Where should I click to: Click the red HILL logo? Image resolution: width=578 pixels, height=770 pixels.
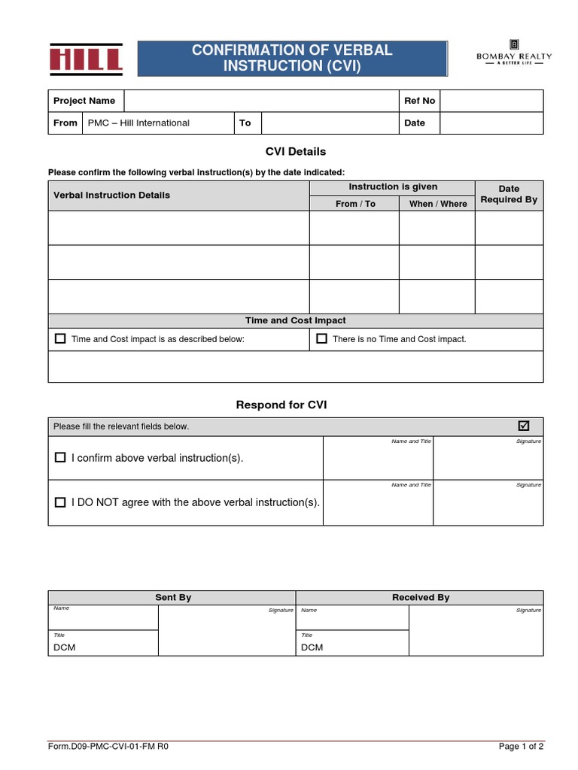pos(86,59)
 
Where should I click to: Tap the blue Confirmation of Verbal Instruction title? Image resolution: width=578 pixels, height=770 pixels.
pos(292,58)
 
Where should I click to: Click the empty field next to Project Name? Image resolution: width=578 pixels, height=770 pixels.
pos(260,101)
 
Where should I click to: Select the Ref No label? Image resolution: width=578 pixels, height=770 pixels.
pos(419,101)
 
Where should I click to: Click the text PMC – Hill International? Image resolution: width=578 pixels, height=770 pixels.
pos(138,123)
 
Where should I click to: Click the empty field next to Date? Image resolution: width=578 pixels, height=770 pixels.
pos(491,123)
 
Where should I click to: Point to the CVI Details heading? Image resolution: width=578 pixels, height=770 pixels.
pos(295,151)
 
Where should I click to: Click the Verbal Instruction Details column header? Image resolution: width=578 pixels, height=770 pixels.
pos(111,195)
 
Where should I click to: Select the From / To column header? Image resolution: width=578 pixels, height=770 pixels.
pos(354,204)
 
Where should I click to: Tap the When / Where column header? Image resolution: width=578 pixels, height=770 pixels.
pos(437,204)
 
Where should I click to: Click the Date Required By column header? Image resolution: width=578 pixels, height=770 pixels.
pos(509,194)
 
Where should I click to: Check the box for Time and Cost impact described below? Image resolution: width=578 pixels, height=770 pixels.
pos(60,338)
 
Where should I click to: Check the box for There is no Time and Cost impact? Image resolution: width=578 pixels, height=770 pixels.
pos(321,338)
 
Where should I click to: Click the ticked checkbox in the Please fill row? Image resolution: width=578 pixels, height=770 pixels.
pos(524,426)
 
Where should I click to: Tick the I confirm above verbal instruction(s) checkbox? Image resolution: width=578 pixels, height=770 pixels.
pos(60,457)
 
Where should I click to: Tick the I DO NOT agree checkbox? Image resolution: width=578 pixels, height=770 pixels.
pos(60,502)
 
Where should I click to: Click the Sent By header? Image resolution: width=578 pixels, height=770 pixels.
pos(173,597)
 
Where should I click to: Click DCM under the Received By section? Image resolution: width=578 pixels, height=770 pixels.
pos(312,647)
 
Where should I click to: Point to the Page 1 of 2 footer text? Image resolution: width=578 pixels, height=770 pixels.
pos(521,747)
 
